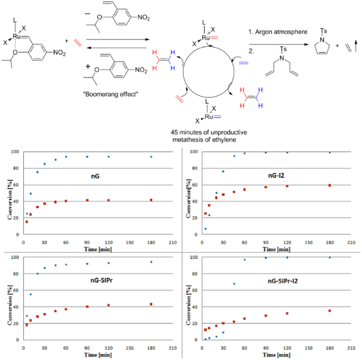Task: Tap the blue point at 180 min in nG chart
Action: pyautogui.click(x=150, y=157)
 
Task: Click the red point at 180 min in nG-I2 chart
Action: pyautogui.click(x=330, y=186)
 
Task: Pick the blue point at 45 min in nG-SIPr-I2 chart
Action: pyautogui.click(x=234, y=284)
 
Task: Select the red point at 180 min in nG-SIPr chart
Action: pyautogui.click(x=150, y=304)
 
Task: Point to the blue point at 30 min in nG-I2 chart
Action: pyautogui.click(x=223, y=171)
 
